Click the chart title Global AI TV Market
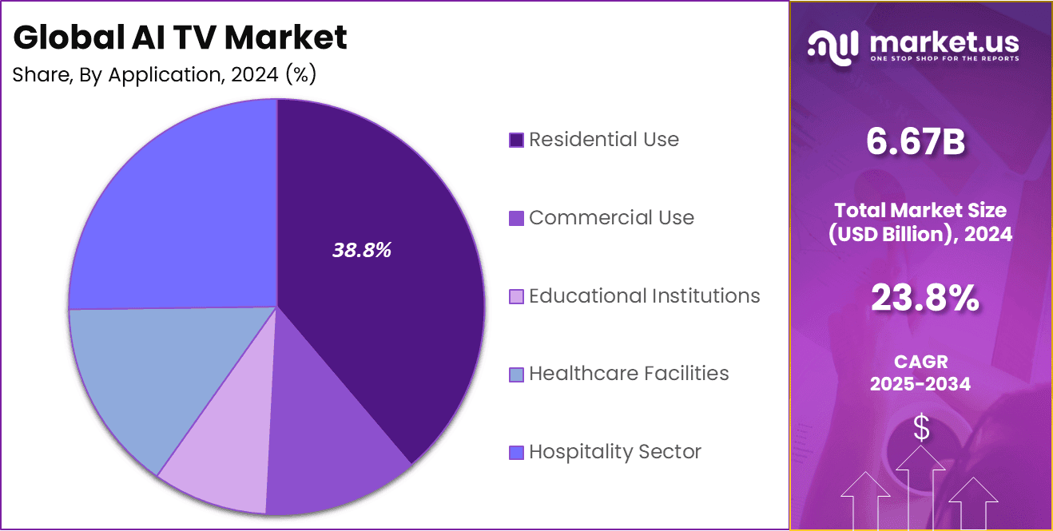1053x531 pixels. pyautogui.click(x=181, y=38)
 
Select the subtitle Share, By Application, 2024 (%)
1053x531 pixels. pyautogui.click(x=165, y=75)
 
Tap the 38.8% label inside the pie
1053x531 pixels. pyautogui.click(x=361, y=250)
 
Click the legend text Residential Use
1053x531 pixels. pyautogui.click(x=604, y=140)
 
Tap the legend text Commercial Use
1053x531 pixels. pyautogui.click(x=611, y=218)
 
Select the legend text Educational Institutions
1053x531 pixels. pyautogui.click(x=644, y=296)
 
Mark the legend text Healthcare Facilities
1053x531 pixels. pyautogui.click(x=629, y=374)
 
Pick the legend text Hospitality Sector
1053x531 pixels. pyautogui.click(x=615, y=452)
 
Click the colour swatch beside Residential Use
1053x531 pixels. pyautogui.click(x=516, y=141)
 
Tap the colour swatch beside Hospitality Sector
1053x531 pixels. pyautogui.click(x=516, y=453)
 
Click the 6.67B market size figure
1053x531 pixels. pyautogui.click(x=916, y=144)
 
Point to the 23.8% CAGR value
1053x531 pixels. pyautogui.click(x=924, y=299)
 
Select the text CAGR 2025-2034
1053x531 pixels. pyautogui.click(x=920, y=374)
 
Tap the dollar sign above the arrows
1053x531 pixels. pyautogui.click(x=921, y=429)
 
